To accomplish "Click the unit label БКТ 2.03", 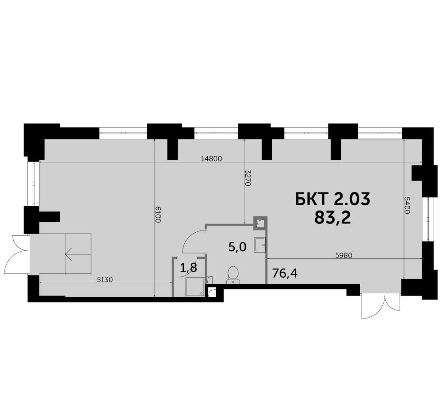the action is pyautogui.click(x=333, y=199).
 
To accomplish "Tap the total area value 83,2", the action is pyautogui.click(x=333, y=217).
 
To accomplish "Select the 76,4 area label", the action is pyautogui.click(x=285, y=273).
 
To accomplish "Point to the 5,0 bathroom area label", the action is pyautogui.click(x=237, y=247).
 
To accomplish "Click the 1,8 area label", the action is pyautogui.click(x=188, y=267).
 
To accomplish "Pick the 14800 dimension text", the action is pyautogui.click(x=212, y=158).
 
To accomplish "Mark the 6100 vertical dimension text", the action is pyautogui.click(x=158, y=215).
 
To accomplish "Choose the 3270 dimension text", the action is pyautogui.click(x=248, y=178).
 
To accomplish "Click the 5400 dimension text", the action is pyautogui.click(x=407, y=205).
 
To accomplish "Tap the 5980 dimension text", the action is pyautogui.click(x=344, y=256).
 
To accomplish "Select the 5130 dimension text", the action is pyautogui.click(x=105, y=280).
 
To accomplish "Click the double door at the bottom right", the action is pyautogui.click(x=380, y=306).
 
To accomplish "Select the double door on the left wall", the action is pyautogui.click(x=17, y=254).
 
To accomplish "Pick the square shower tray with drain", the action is pyautogui.click(x=195, y=287).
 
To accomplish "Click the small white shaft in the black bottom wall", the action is pyautogui.click(x=212, y=292).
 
